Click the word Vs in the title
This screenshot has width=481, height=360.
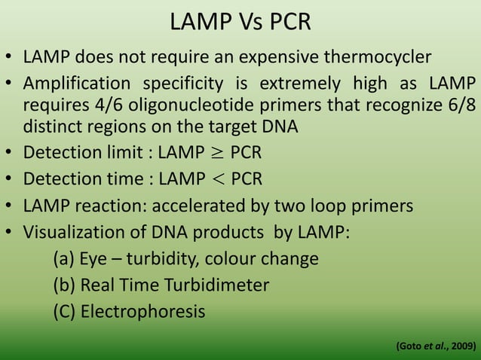(x=242, y=22)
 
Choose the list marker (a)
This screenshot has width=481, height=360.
(x=63, y=258)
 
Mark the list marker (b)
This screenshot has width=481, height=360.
(x=63, y=285)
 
